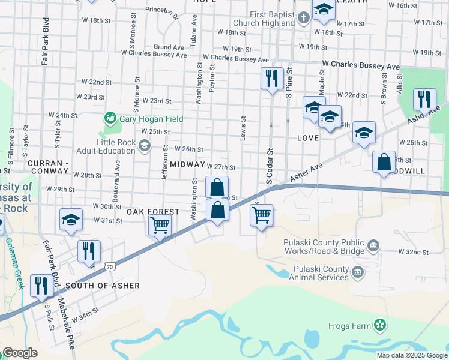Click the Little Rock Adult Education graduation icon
(x=144, y=146)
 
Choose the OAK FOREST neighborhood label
(x=152, y=212)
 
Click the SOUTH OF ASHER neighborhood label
(x=103, y=286)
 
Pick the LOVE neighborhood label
(x=307, y=138)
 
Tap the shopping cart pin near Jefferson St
(x=160, y=226)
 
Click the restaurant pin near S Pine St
(x=272, y=78)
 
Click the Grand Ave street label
(x=169, y=46)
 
